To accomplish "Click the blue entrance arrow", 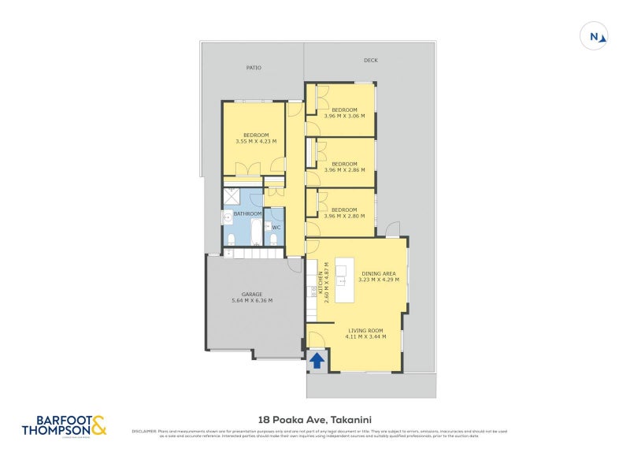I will pos(317,361).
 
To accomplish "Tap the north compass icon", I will pos(595,36).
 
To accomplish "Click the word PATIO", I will pos(253,68).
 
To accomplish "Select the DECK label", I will pos(370,60).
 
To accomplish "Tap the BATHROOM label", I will pos(246,213).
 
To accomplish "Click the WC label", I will pos(276,228).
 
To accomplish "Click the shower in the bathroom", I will pos(234,197).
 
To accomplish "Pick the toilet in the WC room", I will pos(273,239).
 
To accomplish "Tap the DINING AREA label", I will pos(379,273).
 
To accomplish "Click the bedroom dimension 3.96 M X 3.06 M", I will pos(344,116).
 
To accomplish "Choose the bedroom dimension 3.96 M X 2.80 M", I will pos(344,216).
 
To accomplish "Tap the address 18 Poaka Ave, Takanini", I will pos(315,421).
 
